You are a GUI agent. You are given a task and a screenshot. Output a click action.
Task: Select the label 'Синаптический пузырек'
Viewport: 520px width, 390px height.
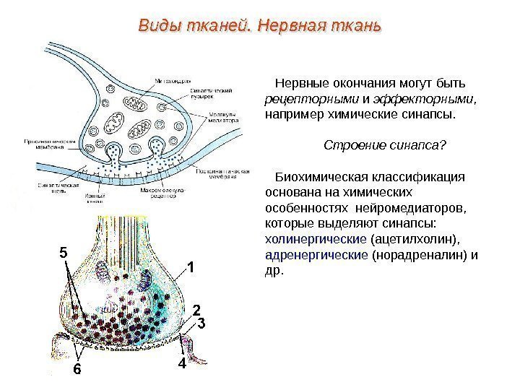click(x=194, y=92)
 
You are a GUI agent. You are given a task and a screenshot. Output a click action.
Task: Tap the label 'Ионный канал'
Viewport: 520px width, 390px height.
click(x=97, y=197)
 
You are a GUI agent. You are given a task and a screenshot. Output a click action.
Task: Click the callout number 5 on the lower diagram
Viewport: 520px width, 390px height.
click(x=62, y=253)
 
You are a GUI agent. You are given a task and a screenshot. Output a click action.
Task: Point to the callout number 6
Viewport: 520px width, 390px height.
click(x=77, y=370)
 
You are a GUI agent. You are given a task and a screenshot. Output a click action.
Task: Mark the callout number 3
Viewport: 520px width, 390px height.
click(x=201, y=324)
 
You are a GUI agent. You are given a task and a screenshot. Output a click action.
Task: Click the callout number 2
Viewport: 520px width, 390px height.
click(x=195, y=309)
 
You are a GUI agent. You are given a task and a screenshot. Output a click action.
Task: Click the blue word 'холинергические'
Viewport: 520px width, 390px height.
click(x=316, y=238)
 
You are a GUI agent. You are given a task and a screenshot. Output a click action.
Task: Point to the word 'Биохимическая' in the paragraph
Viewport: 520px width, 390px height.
click(x=323, y=177)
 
